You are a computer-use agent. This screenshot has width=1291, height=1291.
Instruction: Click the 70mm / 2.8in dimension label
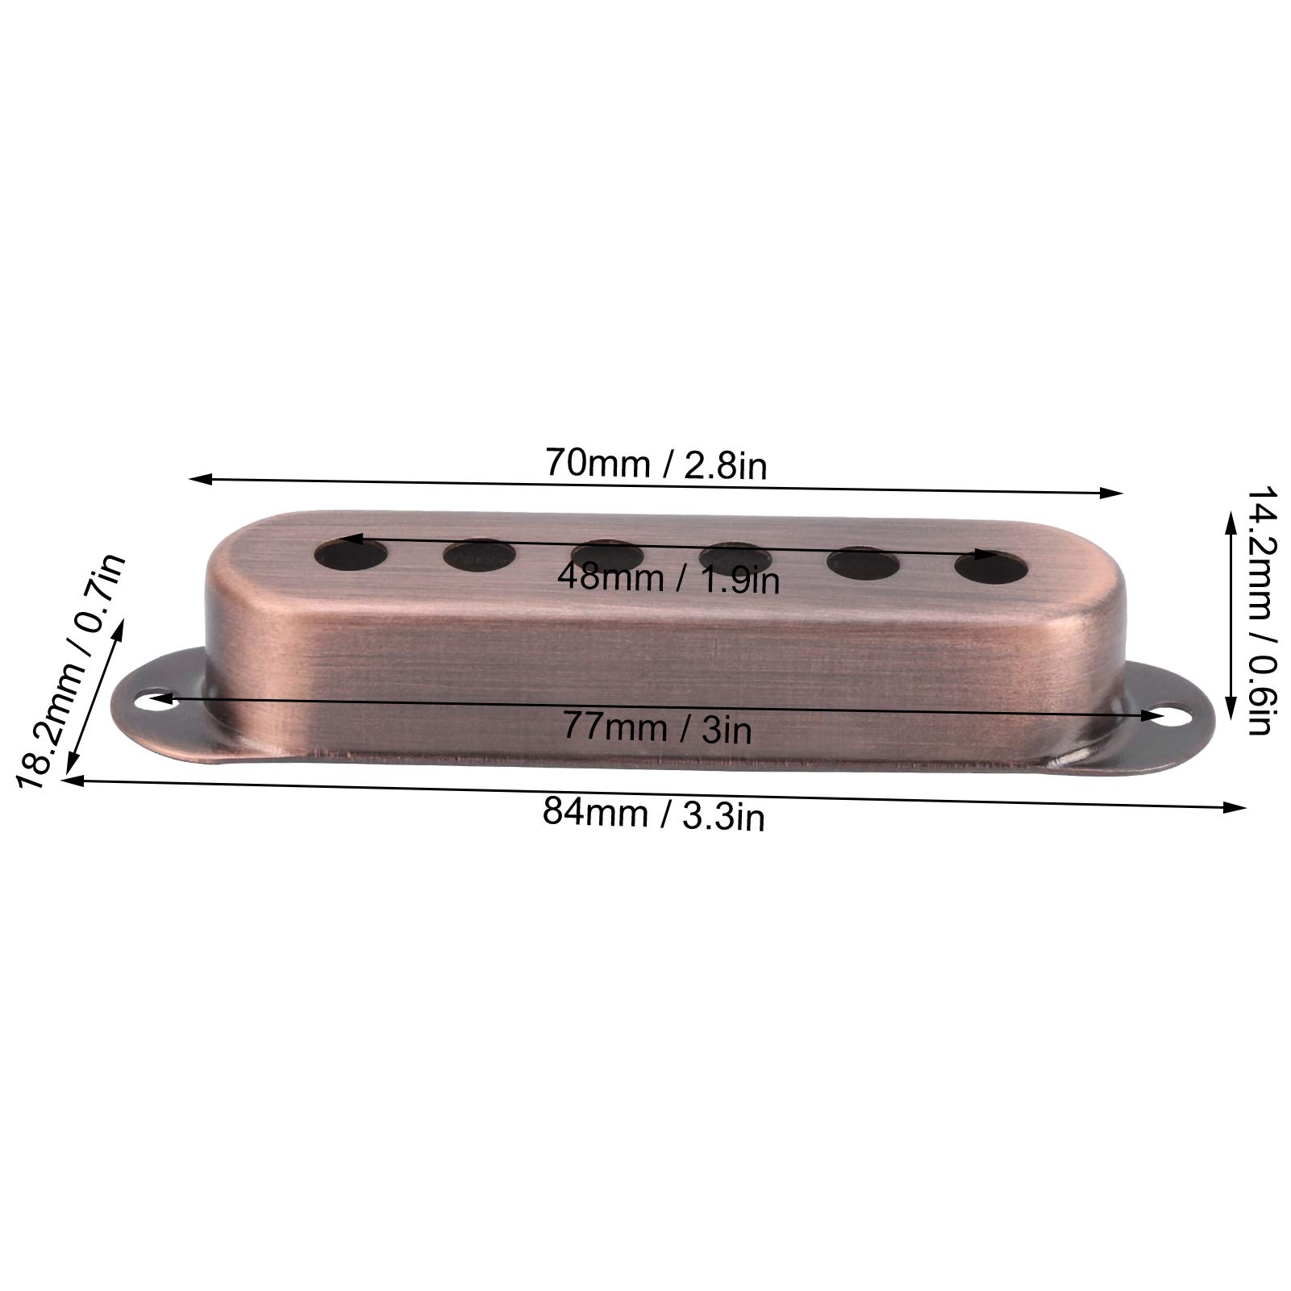656,464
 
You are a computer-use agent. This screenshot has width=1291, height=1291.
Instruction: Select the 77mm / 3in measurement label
657,729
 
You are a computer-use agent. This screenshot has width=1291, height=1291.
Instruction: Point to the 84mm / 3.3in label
653,814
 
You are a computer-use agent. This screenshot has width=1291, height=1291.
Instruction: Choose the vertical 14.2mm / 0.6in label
1257,610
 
